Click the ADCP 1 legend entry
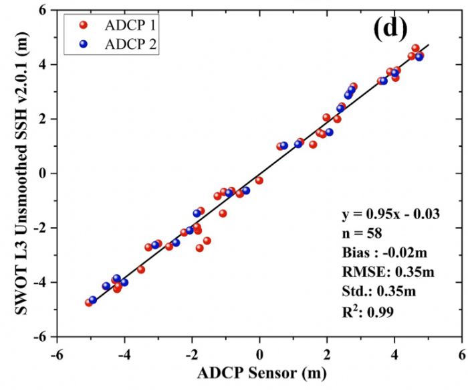click(x=118, y=25)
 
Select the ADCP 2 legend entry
click(x=118, y=44)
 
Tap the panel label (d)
click(x=390, y=29)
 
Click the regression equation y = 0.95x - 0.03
click(x=390, y=214)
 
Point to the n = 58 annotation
click(x=362, y=233)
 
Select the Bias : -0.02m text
click(x=384, y=253)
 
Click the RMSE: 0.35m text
click(x=388, y=272)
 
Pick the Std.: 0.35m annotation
click(x=379, y=291)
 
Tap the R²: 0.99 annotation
click(x=368, y=311)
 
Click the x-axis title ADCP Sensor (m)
click(x=262, y=373)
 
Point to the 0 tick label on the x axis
click(x=259, y=355)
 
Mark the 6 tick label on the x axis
click(x=463, y=355)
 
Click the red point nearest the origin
click(x=259, y=180)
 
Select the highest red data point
click(x=415, y=48)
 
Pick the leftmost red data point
click(x=89, y=303)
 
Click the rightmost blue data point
click(x=419, y=57)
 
